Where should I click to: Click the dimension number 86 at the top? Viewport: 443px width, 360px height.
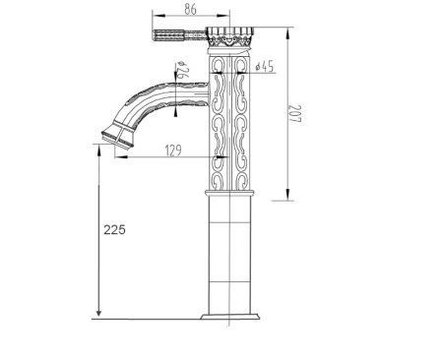193,10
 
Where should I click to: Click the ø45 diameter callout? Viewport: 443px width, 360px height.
265,67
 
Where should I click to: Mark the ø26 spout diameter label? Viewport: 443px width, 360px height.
182,72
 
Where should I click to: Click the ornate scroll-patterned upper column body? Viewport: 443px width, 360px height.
228,118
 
